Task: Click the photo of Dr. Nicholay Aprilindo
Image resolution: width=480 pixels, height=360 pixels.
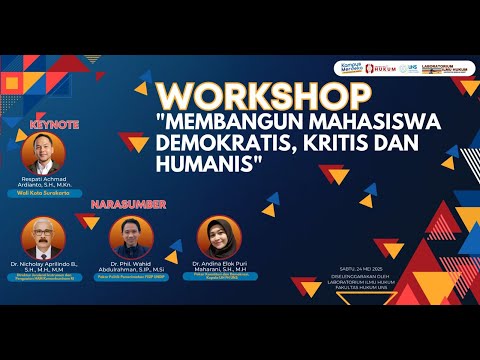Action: point(42,238)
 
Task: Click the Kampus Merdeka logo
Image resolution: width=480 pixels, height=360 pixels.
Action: point(349,69)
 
